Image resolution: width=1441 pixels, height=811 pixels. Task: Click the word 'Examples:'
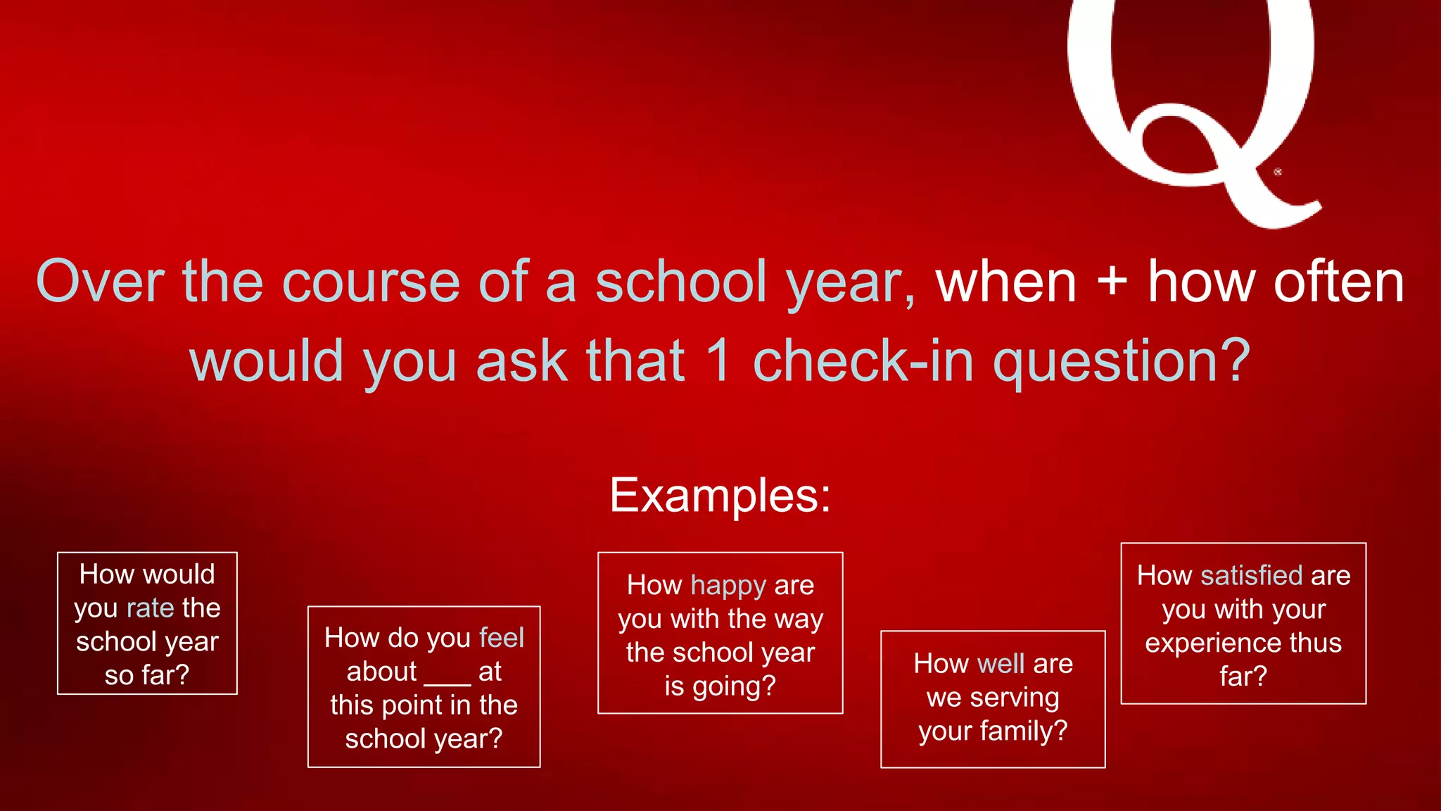(720, 495)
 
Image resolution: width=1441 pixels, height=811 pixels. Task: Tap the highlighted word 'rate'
(150, 608)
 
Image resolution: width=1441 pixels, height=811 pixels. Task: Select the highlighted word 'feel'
(501, 638)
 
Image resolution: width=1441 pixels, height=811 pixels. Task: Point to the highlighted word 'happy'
(728, 585)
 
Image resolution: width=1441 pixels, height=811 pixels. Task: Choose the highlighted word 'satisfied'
(1251, 576)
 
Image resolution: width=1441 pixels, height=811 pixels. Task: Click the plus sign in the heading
(1112, 282)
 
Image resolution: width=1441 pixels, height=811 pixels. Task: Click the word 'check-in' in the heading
(863, 360)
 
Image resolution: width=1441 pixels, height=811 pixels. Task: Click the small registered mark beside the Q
(1278, 172)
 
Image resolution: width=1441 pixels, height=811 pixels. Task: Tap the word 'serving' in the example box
(1014, 698)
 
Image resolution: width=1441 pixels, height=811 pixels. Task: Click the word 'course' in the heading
(371, 282)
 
